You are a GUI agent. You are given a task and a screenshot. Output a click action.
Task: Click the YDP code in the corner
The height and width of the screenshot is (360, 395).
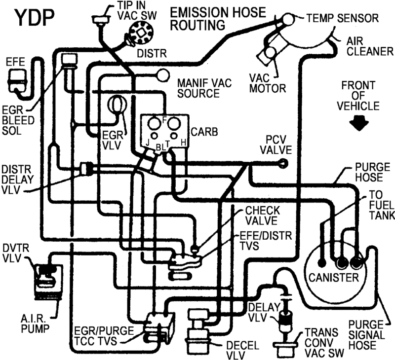pos(35,18)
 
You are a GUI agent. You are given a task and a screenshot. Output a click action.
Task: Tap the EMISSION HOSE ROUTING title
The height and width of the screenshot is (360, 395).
pos(218,19)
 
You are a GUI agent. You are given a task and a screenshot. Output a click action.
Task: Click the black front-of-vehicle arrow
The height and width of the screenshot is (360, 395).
pos(359,123)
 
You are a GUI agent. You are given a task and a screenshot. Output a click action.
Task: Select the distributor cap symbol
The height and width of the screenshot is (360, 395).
pos(141,33)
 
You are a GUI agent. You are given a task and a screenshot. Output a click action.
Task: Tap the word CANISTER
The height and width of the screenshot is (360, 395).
pos(334,278)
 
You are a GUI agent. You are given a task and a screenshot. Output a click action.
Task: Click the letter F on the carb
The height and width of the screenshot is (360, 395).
pos(164,120)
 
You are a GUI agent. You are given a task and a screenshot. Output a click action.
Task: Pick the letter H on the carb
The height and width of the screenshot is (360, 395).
pos(183,143)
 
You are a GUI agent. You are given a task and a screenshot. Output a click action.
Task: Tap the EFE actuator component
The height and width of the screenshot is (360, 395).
pos(17,80)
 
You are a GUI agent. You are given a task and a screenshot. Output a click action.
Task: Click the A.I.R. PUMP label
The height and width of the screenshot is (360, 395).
pos(35,324)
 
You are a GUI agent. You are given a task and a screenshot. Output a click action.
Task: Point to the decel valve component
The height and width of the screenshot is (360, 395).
pos(198,328)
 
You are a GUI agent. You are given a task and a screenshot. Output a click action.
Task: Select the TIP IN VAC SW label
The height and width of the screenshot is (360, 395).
pos(137,10)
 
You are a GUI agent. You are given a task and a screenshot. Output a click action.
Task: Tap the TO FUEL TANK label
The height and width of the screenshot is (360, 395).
pos(382,205)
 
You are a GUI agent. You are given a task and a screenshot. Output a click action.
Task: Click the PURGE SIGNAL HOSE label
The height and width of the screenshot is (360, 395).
pos(367,335)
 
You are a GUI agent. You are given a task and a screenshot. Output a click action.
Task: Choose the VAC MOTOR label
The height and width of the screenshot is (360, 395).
pos(268,83)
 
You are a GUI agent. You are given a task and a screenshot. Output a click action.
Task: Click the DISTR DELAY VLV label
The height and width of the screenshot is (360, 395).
pos(17,180)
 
